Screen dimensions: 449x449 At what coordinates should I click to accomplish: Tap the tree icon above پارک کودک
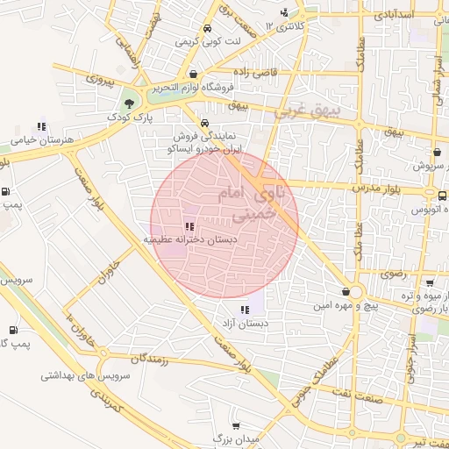129,103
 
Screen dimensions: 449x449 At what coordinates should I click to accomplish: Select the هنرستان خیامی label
40,139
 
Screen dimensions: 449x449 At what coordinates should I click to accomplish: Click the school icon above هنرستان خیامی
40,126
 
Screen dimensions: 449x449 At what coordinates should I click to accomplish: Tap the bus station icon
442,196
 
